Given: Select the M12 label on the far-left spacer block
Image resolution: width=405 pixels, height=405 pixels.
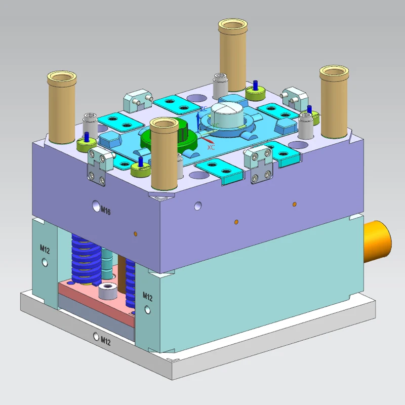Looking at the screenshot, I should coord(45,248).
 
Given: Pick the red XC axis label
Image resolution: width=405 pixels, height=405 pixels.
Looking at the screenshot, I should coord(211,147).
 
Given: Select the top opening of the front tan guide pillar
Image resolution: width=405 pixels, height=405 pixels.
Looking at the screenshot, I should coord(165,124).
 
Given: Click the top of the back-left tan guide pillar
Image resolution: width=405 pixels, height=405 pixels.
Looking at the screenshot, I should coord(62,78).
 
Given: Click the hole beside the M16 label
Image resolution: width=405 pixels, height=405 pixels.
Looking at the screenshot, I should coord(96,206).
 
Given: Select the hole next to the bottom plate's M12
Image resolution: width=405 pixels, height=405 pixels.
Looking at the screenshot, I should coord(96,336).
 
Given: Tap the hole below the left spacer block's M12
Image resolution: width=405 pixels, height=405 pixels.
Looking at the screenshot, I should coord(46,262).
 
